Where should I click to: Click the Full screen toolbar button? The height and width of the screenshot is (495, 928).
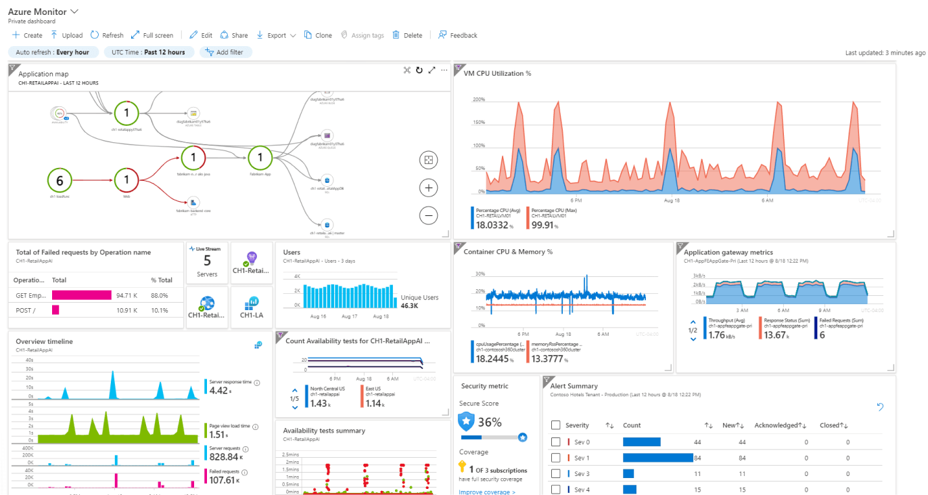152,35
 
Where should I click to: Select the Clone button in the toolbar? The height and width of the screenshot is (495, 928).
318,35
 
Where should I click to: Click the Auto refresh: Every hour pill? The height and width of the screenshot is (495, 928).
53,52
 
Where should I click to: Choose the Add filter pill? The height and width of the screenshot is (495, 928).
226,52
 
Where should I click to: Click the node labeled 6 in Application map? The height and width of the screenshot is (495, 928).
60,181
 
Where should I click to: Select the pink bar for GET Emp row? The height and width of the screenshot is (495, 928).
81,295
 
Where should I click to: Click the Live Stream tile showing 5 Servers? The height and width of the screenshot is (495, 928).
207,262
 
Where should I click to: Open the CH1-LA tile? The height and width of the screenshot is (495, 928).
252,307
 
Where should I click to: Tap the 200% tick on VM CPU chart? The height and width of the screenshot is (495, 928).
478,100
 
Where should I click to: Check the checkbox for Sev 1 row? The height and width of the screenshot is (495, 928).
556,458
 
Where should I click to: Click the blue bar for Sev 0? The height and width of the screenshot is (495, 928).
641,442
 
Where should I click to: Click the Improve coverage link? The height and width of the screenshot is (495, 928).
487,492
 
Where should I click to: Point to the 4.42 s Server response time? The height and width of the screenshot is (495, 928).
220,391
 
